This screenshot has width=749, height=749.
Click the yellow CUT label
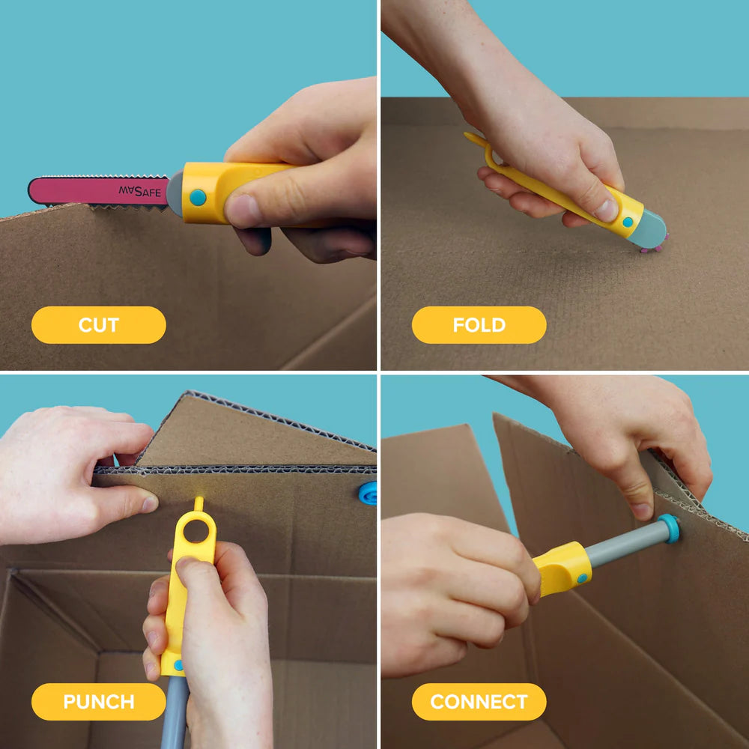coord(98,325)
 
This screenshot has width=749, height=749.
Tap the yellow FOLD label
coord(479,325)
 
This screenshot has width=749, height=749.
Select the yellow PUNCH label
coord(98,702)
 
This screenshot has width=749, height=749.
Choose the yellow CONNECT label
coord(479,702)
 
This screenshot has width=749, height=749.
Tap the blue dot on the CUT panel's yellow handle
coord(197,197)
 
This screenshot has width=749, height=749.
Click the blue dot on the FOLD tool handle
coord(627,222)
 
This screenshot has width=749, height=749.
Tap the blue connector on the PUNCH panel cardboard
coord(368,494)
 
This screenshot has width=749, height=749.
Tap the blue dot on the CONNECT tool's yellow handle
coord(582,577)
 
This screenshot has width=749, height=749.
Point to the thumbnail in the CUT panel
coord(242,210)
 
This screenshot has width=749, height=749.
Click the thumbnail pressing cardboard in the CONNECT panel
coord(641,510)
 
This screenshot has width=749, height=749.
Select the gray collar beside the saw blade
coord(175,192)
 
